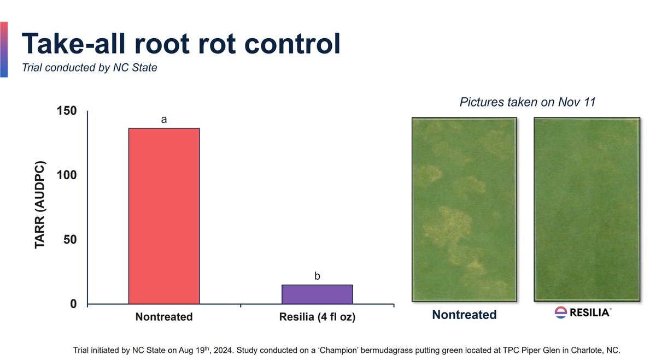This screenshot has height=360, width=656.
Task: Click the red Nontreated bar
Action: coord(163,216)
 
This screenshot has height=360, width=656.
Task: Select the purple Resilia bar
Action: coord(317,294)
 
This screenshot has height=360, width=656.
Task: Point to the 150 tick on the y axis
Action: coord(68,111)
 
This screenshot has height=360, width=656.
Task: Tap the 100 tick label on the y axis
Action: coord(68,175)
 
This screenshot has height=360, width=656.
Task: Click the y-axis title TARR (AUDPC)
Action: coord(39,205)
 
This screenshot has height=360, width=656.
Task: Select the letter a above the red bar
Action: coord(163,119)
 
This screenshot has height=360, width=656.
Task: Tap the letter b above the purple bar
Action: coord(317,276)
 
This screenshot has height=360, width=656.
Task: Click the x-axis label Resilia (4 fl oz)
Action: coord(317,317)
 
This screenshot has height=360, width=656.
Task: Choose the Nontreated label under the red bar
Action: coord(163,317)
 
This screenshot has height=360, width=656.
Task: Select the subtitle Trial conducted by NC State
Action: coord(89,68)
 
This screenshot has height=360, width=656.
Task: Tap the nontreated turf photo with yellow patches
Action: coord(464,209)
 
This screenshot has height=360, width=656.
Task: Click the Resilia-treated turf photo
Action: coord(586,209)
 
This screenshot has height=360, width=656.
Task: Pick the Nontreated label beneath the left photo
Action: coord(464,315)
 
